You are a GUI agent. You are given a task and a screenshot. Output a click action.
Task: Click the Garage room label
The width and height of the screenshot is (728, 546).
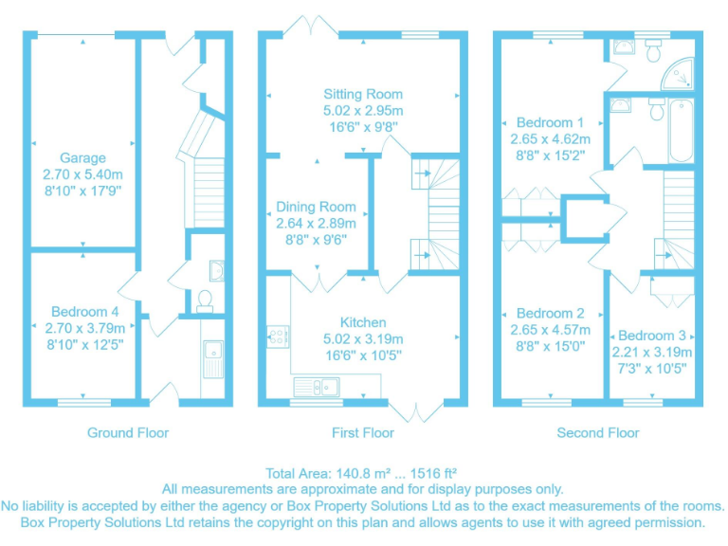point(82,158)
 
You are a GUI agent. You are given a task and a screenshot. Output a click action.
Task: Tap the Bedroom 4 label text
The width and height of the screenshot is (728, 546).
point(84,312)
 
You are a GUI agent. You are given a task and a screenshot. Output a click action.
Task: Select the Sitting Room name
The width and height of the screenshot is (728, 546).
point(362,94)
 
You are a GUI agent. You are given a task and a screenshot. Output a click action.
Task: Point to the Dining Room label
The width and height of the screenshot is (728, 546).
point(316,207)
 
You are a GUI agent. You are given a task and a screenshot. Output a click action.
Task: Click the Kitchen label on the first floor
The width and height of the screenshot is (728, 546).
point(362,322)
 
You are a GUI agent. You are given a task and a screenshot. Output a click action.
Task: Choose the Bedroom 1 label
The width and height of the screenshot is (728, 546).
point(550,122)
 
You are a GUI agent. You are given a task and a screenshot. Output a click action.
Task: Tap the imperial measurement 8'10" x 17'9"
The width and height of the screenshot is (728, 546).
point(82,191)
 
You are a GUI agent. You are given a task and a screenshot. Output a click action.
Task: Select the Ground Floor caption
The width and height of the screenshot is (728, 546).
point(128,433)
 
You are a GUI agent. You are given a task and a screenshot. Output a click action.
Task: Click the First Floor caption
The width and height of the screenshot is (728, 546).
point(362,433)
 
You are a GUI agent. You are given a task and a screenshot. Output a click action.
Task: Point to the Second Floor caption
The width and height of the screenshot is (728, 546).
point(597,433)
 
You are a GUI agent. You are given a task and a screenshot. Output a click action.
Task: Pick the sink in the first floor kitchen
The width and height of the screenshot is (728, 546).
point(318,385)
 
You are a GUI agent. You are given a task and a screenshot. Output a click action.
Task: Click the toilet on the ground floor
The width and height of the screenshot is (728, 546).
point(203,301)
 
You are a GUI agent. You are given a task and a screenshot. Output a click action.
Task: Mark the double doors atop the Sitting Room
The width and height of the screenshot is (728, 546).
point(316,26)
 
